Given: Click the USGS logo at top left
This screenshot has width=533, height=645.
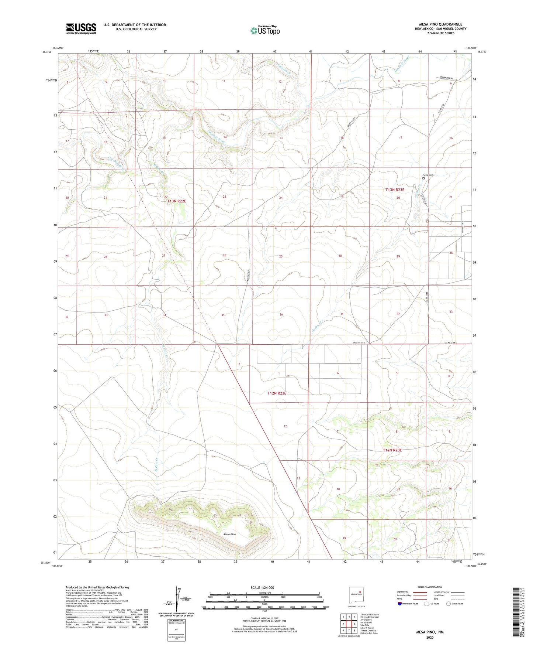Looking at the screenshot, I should [x=81, y=28].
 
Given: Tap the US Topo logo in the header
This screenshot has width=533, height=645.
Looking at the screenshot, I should [x=265, y=30].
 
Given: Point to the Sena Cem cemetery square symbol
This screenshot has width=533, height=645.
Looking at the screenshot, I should [x=423, y=178].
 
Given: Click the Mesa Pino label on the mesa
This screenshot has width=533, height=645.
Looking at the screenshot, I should [x=229, y=534].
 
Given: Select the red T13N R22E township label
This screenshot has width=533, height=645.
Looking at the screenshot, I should [x=177, y=201].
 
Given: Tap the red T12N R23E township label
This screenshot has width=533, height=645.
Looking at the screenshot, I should [x=392, y=450].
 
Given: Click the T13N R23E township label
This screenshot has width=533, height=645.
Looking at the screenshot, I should [x=395, y=190].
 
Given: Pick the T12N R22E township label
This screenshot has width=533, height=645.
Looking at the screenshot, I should [x=277, y=393].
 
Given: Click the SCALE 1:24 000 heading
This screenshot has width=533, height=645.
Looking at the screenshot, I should [x=262, y=587].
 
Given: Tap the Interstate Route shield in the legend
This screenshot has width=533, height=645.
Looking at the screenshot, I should [x=400, y=604].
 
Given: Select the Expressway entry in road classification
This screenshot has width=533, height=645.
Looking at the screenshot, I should [x=402, y=592].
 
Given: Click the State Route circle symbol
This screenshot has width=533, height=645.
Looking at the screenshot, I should [x=448, y=604].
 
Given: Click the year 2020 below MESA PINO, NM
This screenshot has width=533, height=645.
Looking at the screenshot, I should [x=430, y=637].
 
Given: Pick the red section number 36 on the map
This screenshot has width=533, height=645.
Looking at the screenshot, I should [x=281, y=314].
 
